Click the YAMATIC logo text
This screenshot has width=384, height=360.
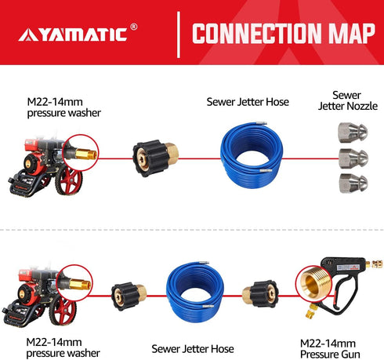73,35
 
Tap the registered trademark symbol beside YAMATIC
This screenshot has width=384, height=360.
133,27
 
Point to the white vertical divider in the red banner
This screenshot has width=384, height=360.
179,35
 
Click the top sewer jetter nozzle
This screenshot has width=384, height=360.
353,133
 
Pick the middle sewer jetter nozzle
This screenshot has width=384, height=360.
353,158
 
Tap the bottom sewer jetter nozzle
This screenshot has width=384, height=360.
353,183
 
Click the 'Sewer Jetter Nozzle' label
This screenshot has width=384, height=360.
348,100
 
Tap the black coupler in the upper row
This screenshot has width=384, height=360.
155,158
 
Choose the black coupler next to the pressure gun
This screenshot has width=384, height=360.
260,293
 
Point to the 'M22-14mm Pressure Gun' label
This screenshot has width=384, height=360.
330,349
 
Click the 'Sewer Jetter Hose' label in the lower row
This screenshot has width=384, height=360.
193,349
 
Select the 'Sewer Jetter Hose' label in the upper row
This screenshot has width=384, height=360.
248,102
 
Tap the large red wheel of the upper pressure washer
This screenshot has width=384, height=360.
69,180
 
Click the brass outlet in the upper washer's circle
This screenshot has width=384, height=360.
86,154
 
